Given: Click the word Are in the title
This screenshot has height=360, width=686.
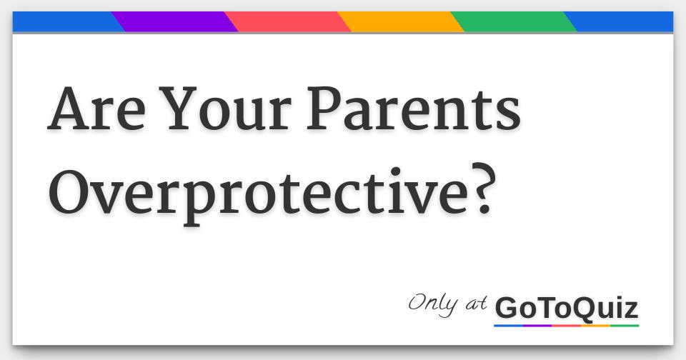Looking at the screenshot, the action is tap(96, 109).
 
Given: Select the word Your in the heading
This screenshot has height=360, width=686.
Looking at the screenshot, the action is tap(225, 109).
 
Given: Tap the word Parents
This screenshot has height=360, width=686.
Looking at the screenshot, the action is tap(414, 109).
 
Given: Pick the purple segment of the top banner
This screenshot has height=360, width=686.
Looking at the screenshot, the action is tap(175, 21).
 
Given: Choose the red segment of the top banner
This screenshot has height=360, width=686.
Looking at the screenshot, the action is tap(288, 21).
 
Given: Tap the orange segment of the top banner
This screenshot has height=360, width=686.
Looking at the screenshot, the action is tap(401, 21).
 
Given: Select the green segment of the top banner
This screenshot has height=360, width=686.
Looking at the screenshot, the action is tap(514, 21).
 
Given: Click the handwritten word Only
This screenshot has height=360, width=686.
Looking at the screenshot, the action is tap(433, 304).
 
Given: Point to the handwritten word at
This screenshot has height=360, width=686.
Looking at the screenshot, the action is tap(476, 304).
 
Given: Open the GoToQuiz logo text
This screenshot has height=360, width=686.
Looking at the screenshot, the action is tap(567, 308).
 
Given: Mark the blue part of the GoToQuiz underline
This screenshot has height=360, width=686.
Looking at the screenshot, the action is tap(508, 326).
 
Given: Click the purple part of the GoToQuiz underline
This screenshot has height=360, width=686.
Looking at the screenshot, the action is tap(537, 326).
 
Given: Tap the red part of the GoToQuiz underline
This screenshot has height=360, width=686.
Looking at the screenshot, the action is tap(567, 326).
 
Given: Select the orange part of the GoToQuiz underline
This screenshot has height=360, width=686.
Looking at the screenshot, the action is tap(595, 326).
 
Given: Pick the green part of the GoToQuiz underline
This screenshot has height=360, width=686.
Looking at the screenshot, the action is tap(625, 326).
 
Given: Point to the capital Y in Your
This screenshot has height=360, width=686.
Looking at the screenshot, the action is tap(178, 109).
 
